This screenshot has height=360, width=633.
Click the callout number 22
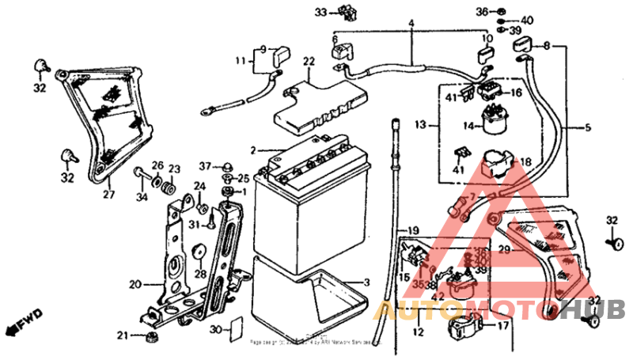[308, 62]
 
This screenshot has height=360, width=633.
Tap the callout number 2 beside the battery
[253, 150]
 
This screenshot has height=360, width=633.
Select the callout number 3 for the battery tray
[366, 282]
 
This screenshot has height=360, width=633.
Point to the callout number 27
[108, 193]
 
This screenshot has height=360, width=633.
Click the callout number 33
[320, 12]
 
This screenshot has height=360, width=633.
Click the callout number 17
[503, 324]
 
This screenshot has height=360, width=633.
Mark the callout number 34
[142, 197]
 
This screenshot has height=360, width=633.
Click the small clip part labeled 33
[345, 11]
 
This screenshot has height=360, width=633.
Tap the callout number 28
[201, 274]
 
